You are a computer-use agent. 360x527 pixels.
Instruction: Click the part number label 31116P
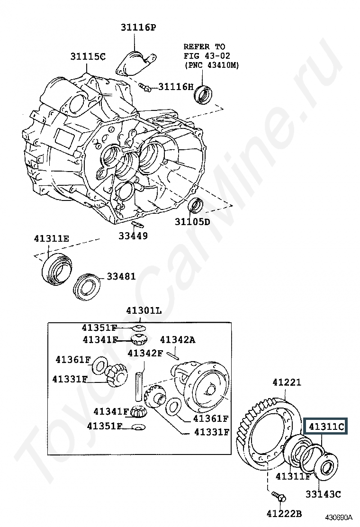138,27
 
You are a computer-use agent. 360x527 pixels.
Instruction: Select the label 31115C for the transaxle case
88,56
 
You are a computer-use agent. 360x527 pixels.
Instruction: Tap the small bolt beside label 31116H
145,87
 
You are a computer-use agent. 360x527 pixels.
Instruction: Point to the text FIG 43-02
207,55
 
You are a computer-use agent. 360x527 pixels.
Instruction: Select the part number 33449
133,236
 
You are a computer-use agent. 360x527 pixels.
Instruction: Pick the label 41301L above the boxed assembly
144,311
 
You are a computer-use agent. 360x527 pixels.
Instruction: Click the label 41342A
177,340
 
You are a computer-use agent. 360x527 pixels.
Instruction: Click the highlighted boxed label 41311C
325,427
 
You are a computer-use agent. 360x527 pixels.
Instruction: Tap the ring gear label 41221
287,382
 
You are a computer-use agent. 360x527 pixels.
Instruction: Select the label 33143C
323,494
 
